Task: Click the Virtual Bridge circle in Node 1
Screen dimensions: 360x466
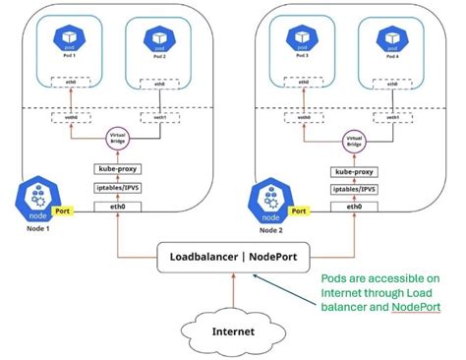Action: click(x=117, y=140)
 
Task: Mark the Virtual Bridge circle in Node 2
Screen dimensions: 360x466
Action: click(x=351, y=140)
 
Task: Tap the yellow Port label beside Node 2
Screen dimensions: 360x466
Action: click(x=298, y=210)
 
